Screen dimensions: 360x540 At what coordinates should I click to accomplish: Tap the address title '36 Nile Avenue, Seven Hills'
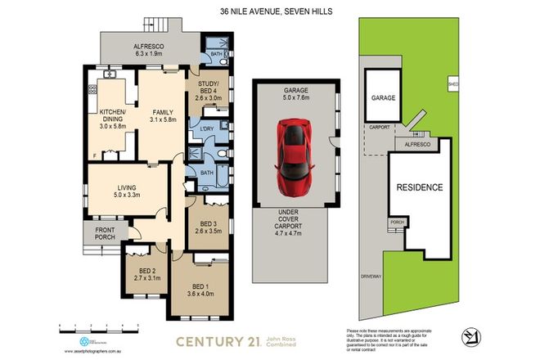269,11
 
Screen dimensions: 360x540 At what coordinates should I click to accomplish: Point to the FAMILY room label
164,115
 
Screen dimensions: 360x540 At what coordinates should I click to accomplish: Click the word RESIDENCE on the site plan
420,187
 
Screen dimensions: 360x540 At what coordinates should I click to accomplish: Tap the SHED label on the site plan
452,84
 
